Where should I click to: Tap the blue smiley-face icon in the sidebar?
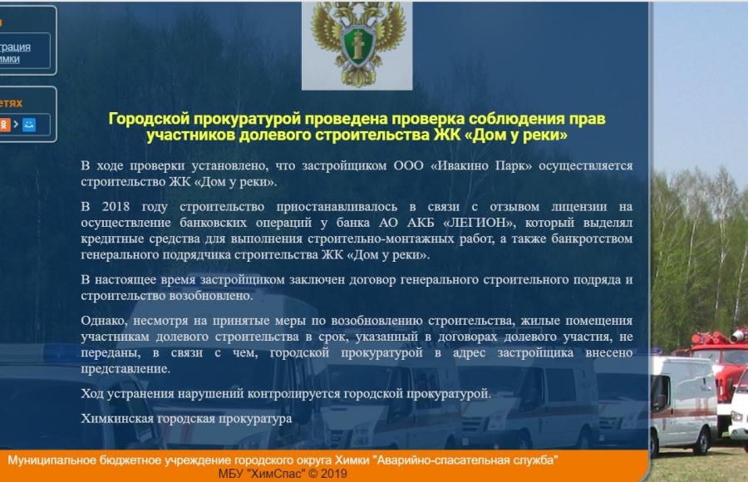28,125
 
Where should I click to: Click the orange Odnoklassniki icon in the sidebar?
5,125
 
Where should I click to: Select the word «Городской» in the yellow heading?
149,118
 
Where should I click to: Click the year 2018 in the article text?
116,207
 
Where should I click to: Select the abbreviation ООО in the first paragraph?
408,165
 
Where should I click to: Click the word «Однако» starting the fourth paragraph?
104,321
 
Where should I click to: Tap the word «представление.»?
125,369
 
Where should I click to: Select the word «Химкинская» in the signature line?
116,419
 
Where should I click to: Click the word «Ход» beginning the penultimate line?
91,394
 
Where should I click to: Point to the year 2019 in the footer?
333,474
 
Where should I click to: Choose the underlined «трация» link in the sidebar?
15,47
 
